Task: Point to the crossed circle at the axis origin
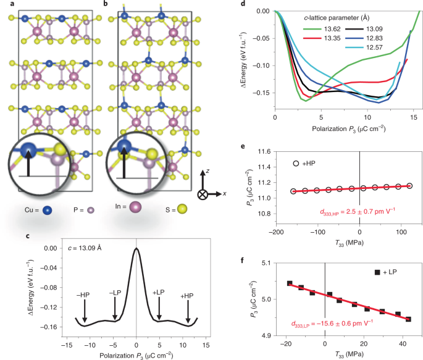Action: [202, 194]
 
